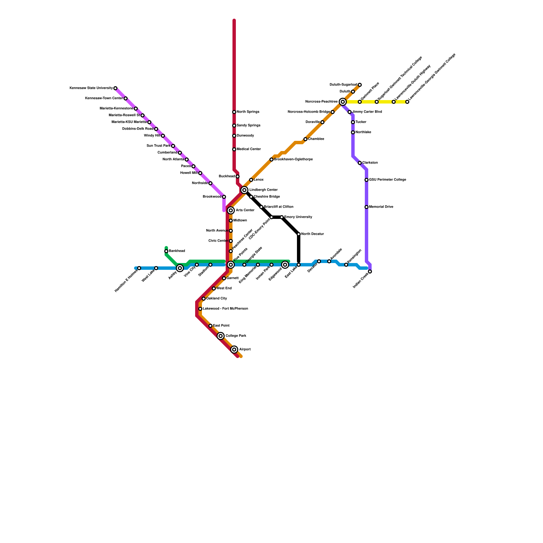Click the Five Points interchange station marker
coord(231,265)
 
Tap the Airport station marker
coord(234,350)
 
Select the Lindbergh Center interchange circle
coord(244,190)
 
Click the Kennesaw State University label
coord(91,88)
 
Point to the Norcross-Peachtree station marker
coord(343,102)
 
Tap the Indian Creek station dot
coord(370,271)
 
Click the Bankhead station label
coord(177,251)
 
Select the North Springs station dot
coord(234,112)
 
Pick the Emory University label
coord(298,217)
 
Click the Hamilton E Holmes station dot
coord(139,268)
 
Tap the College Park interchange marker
coord(221,336)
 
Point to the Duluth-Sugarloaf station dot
coord(360,85)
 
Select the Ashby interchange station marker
coord(180,268)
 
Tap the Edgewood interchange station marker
coord(285,265)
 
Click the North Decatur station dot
coord(299,234)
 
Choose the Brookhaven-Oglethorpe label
coord(293,160)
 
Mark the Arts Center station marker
coord(231,210)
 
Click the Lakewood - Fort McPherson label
coord(225,309)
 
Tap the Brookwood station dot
coord(224,197)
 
